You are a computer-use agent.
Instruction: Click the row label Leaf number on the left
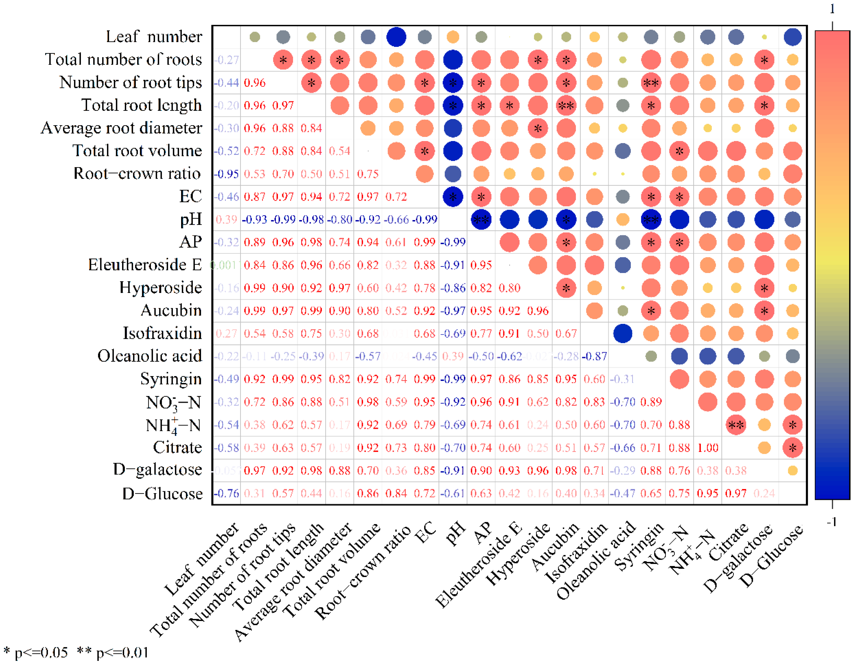(154, 37)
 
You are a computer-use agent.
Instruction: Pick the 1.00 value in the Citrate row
(707, 448)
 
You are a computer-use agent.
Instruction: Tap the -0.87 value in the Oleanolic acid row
(594, 356)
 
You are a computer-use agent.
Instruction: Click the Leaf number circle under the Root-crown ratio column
(396, 37)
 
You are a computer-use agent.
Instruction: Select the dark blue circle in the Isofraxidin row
(623, 333)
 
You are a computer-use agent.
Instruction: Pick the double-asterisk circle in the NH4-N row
(736, 425)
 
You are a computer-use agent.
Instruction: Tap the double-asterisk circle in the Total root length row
(566, 105)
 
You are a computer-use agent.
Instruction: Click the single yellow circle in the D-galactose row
(792, 470)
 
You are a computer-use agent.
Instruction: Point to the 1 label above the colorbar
(832, 9)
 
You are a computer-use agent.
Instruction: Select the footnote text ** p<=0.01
(113, 652)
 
